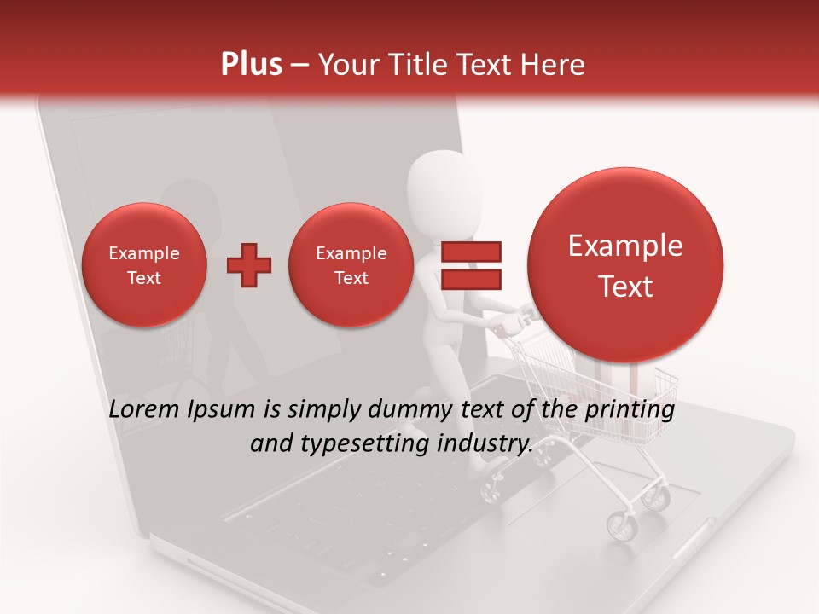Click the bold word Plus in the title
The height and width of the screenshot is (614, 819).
251,65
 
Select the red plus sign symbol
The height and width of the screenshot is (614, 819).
249,265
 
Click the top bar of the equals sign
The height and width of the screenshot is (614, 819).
470,252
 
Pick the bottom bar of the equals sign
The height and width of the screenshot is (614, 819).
470,280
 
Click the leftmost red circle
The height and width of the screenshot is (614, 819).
144,265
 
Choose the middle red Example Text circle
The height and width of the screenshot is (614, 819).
351,265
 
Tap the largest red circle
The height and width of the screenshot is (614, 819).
625,265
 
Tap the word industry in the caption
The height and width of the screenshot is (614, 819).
488,444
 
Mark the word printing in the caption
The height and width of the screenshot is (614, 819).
631,410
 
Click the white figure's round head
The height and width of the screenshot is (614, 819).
437,182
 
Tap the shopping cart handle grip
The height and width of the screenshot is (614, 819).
515,321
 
